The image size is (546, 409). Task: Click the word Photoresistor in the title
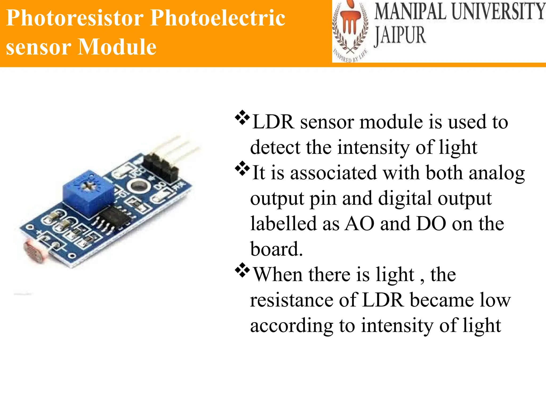75,18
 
